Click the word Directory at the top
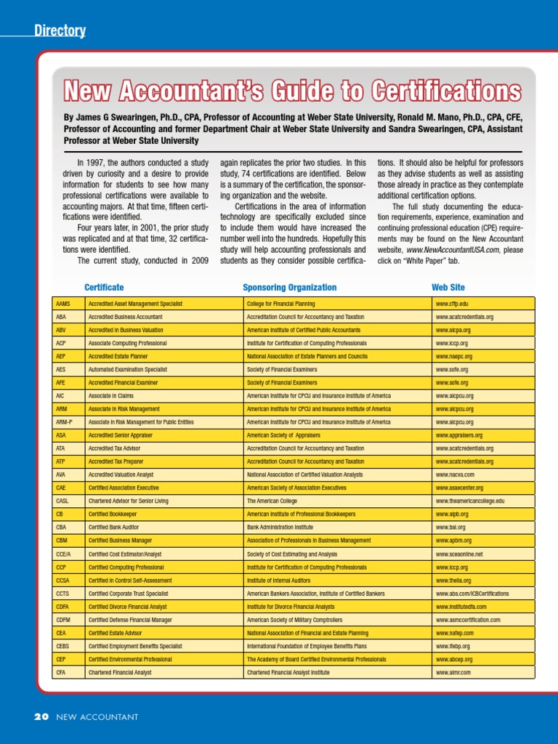click(x=60, y=31)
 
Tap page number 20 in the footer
click(x=41, y=717)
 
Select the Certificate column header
click(x=104, y=288)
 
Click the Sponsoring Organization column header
click(x=289, y=288)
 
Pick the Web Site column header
click(x=448, y=288)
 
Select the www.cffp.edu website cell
click(x=452, y=304)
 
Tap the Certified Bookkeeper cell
click(x=112, y=514)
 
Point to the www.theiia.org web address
click(x=453, y=581)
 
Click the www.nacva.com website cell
click(x=455, y=475)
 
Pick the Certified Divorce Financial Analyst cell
click(x=127, y=607)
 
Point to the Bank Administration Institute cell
click(x=280, y=527)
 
